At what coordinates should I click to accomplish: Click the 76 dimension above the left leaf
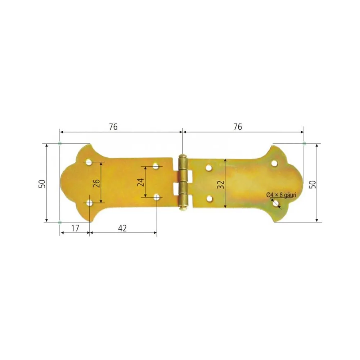click(113, 127)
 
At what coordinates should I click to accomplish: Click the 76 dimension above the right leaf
click(238, 127)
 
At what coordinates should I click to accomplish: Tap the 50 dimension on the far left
click(42, 183)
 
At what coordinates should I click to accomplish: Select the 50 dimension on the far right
click(313, 183)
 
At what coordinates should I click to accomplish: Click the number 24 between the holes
click(141, 182)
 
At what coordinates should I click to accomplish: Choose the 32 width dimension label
click(221, 184)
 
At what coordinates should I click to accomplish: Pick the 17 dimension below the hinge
click(74, 228)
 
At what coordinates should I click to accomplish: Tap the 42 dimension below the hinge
click(122, 228)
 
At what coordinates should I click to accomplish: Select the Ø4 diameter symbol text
click(270, 195)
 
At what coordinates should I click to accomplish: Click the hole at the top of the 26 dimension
click(89, 162)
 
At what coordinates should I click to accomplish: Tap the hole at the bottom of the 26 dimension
click(89, 203)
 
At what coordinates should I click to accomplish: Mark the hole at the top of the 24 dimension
click(156, 166)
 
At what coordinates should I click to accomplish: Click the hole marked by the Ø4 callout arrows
click(276, 203)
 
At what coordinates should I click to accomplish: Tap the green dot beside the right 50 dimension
click(305, 144)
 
